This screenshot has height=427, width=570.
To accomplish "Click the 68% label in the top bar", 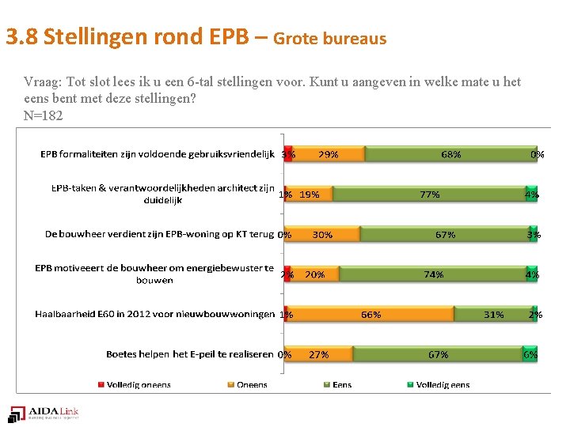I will (451, 154).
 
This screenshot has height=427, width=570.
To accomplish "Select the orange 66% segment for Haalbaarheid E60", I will (370, 314).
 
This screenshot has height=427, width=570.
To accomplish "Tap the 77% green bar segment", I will (429, 194).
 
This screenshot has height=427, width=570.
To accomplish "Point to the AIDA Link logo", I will (44, 413).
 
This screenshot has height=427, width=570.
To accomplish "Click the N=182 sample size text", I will (44, 115).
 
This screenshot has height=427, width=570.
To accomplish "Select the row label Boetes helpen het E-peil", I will (190, 354).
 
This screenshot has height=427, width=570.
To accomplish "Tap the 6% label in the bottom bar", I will (530, 354).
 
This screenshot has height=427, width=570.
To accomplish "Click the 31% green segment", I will (493, 314).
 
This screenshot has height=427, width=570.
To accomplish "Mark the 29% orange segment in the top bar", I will (328, 154).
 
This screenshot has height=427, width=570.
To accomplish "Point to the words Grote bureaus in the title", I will (330, 38).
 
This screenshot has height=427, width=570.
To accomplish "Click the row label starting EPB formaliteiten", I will (157, 154).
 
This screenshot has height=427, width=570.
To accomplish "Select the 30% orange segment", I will (322, 234).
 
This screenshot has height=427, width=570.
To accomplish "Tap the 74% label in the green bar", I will (433, 274).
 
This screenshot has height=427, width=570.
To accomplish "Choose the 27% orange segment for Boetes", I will (318, 354).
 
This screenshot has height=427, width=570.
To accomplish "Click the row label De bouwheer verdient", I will (159, 234).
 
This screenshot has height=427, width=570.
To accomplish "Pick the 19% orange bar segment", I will (310, 194).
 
